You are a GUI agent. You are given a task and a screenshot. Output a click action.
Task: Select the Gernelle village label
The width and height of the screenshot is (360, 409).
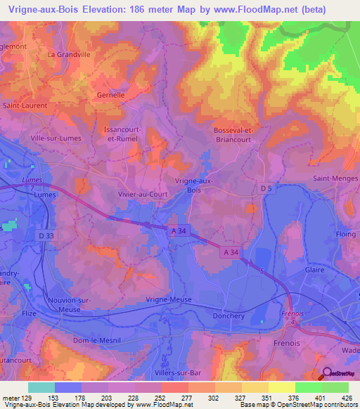[110, 94]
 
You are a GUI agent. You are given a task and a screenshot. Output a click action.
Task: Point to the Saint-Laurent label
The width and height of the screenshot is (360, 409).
[25, 105]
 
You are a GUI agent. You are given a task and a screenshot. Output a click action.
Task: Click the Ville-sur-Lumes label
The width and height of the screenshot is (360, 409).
[56, 138]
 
